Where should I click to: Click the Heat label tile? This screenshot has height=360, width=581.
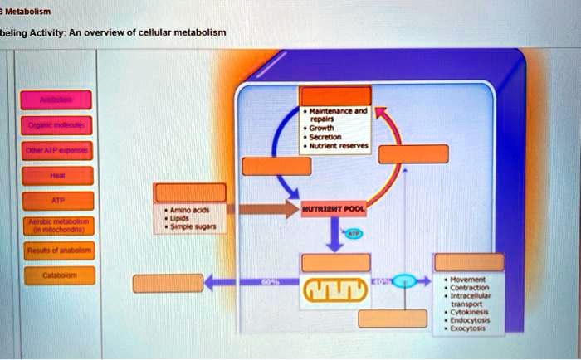pos(57,176)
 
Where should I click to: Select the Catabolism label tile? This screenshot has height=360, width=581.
pos(57,274)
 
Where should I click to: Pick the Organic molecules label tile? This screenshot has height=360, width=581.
pos(57,128)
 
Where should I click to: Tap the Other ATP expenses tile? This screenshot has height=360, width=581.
pos(57,152)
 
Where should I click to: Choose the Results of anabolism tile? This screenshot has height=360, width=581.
pos(57,250)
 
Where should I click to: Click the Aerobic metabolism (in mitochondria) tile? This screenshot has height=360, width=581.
pos(57,225)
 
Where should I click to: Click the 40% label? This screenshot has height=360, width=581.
pos(377,282)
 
